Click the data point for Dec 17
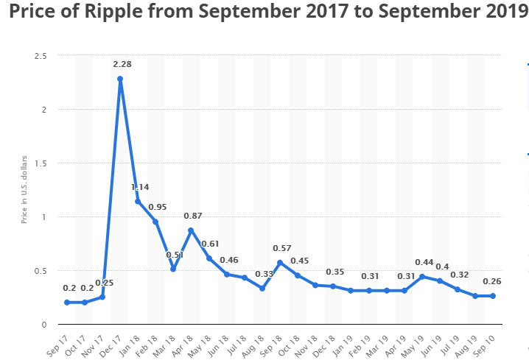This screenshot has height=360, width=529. (120, 79)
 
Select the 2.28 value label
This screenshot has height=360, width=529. (122, 65)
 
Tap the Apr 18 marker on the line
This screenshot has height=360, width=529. (191, 230)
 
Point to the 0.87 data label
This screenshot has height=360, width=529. (193, 216)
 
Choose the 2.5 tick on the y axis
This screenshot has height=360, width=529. (41, 56)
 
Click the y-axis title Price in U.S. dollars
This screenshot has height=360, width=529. (24, 191)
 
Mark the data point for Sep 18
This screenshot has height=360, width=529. (280, 263)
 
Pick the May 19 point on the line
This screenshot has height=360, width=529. (422, 277)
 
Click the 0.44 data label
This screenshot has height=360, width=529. (424, 262)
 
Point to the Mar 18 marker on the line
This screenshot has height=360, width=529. (173, 269)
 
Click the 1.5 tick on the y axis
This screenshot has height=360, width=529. (41, 163)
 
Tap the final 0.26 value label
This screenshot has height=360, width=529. (492, 281)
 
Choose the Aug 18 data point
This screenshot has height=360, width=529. (262, 289)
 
